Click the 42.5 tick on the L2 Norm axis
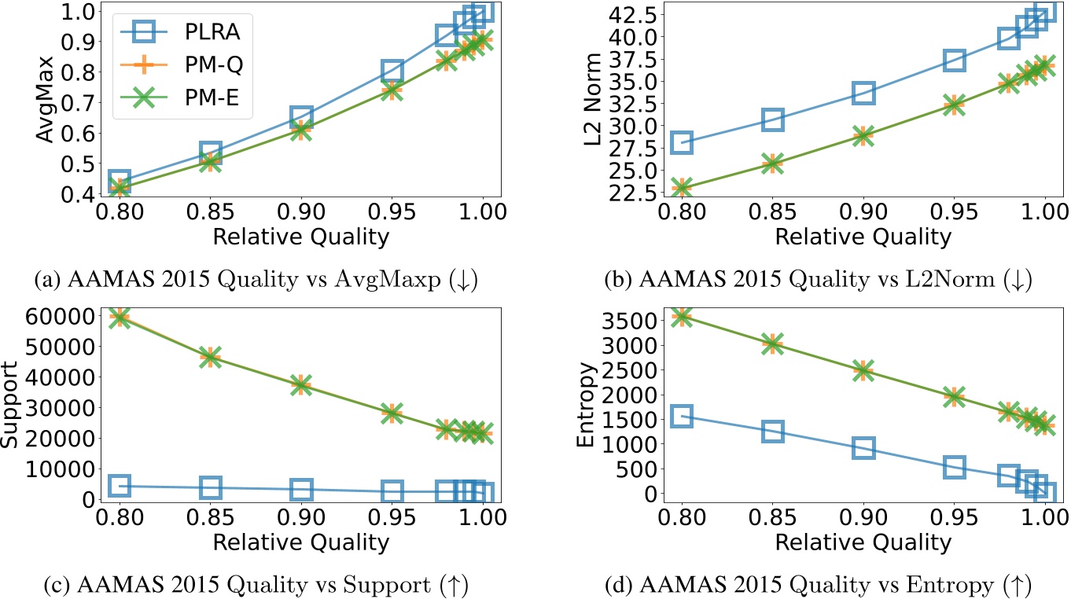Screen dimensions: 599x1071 [634, 13]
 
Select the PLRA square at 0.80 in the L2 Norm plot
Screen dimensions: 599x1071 [681, 142]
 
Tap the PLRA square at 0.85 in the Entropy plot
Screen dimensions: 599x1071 [772, 431]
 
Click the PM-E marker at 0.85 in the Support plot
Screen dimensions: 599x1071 [210, 357]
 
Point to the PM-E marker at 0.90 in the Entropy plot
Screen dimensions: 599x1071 [863, 369]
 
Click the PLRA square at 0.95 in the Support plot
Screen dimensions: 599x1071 [392, 491]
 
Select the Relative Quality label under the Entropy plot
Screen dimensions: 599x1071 [863, 542]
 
